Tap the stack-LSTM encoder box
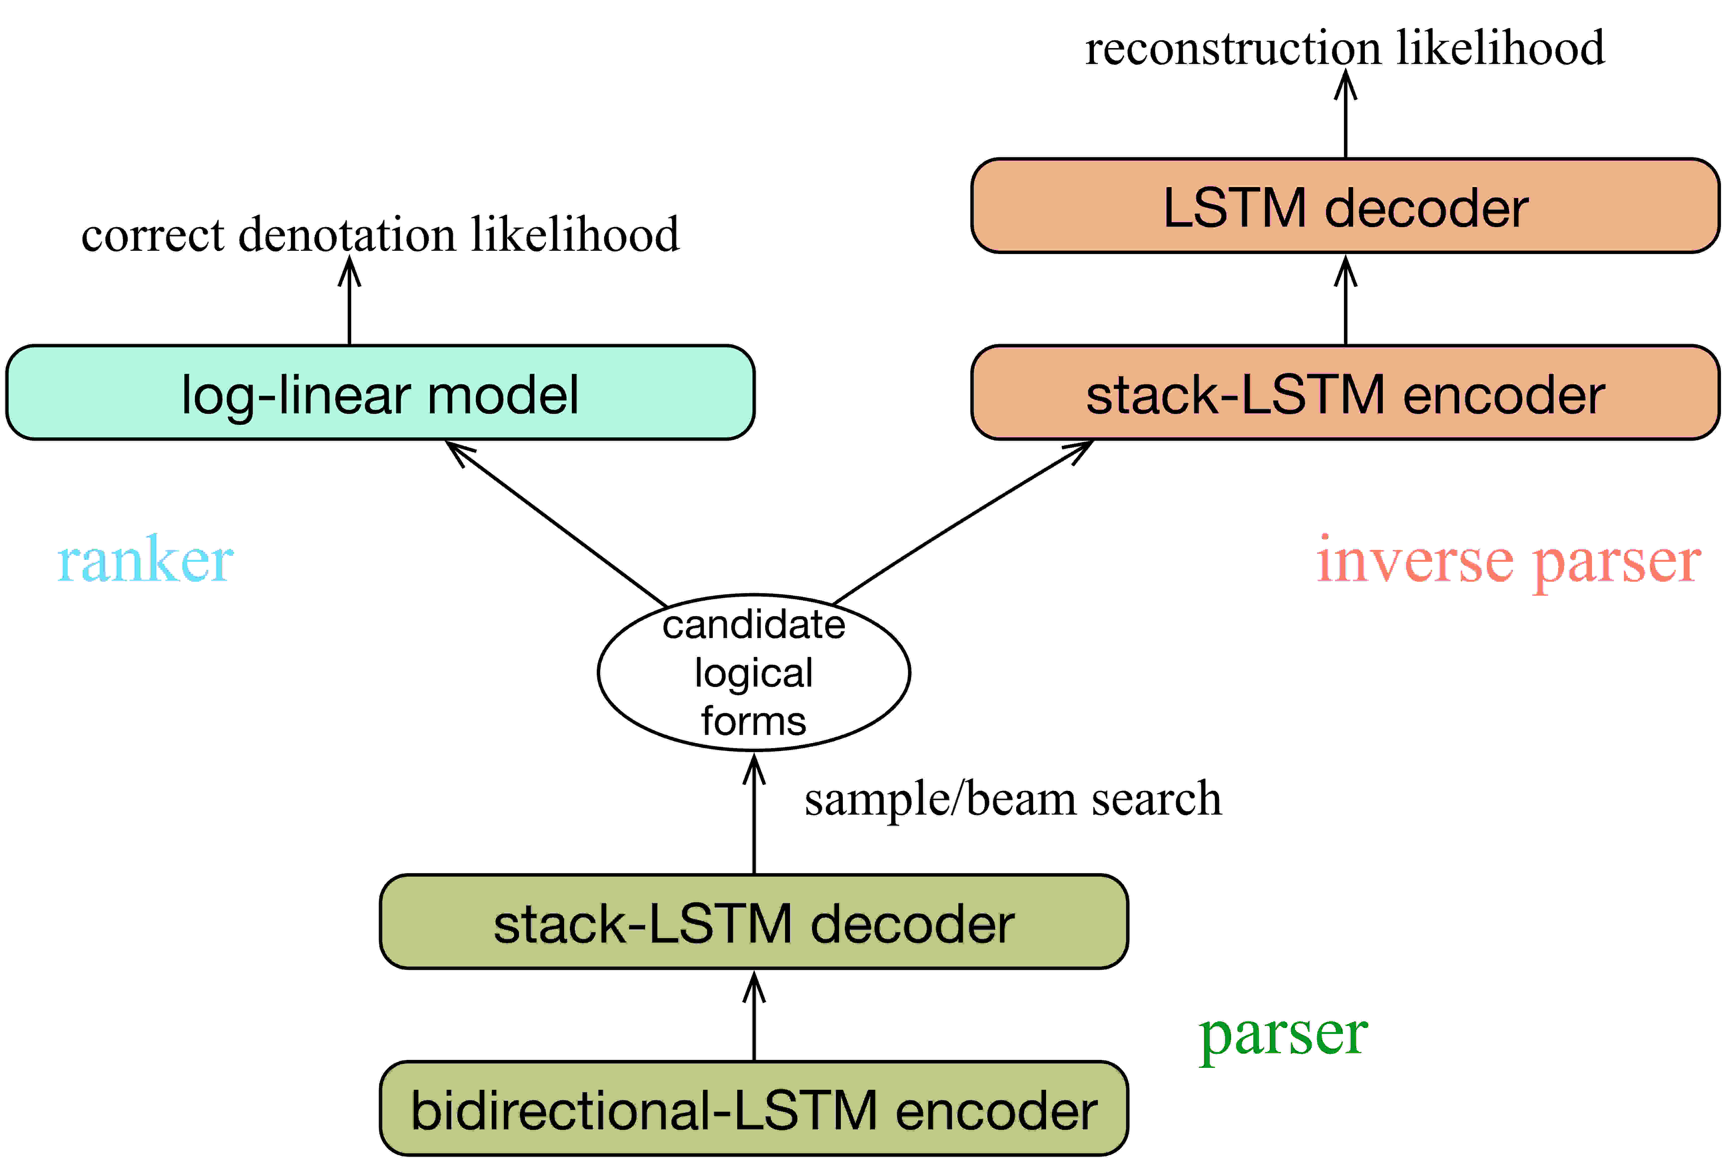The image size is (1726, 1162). (x=1345, y=393)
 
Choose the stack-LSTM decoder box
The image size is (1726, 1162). (x=754, y=922)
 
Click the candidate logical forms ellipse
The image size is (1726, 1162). (x=754, y=672)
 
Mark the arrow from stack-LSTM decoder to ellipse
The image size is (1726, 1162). (x=754, y=813)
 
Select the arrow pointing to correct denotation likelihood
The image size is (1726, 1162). (x=349, y=300)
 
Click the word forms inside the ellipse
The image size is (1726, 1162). (x=754, y=721)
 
